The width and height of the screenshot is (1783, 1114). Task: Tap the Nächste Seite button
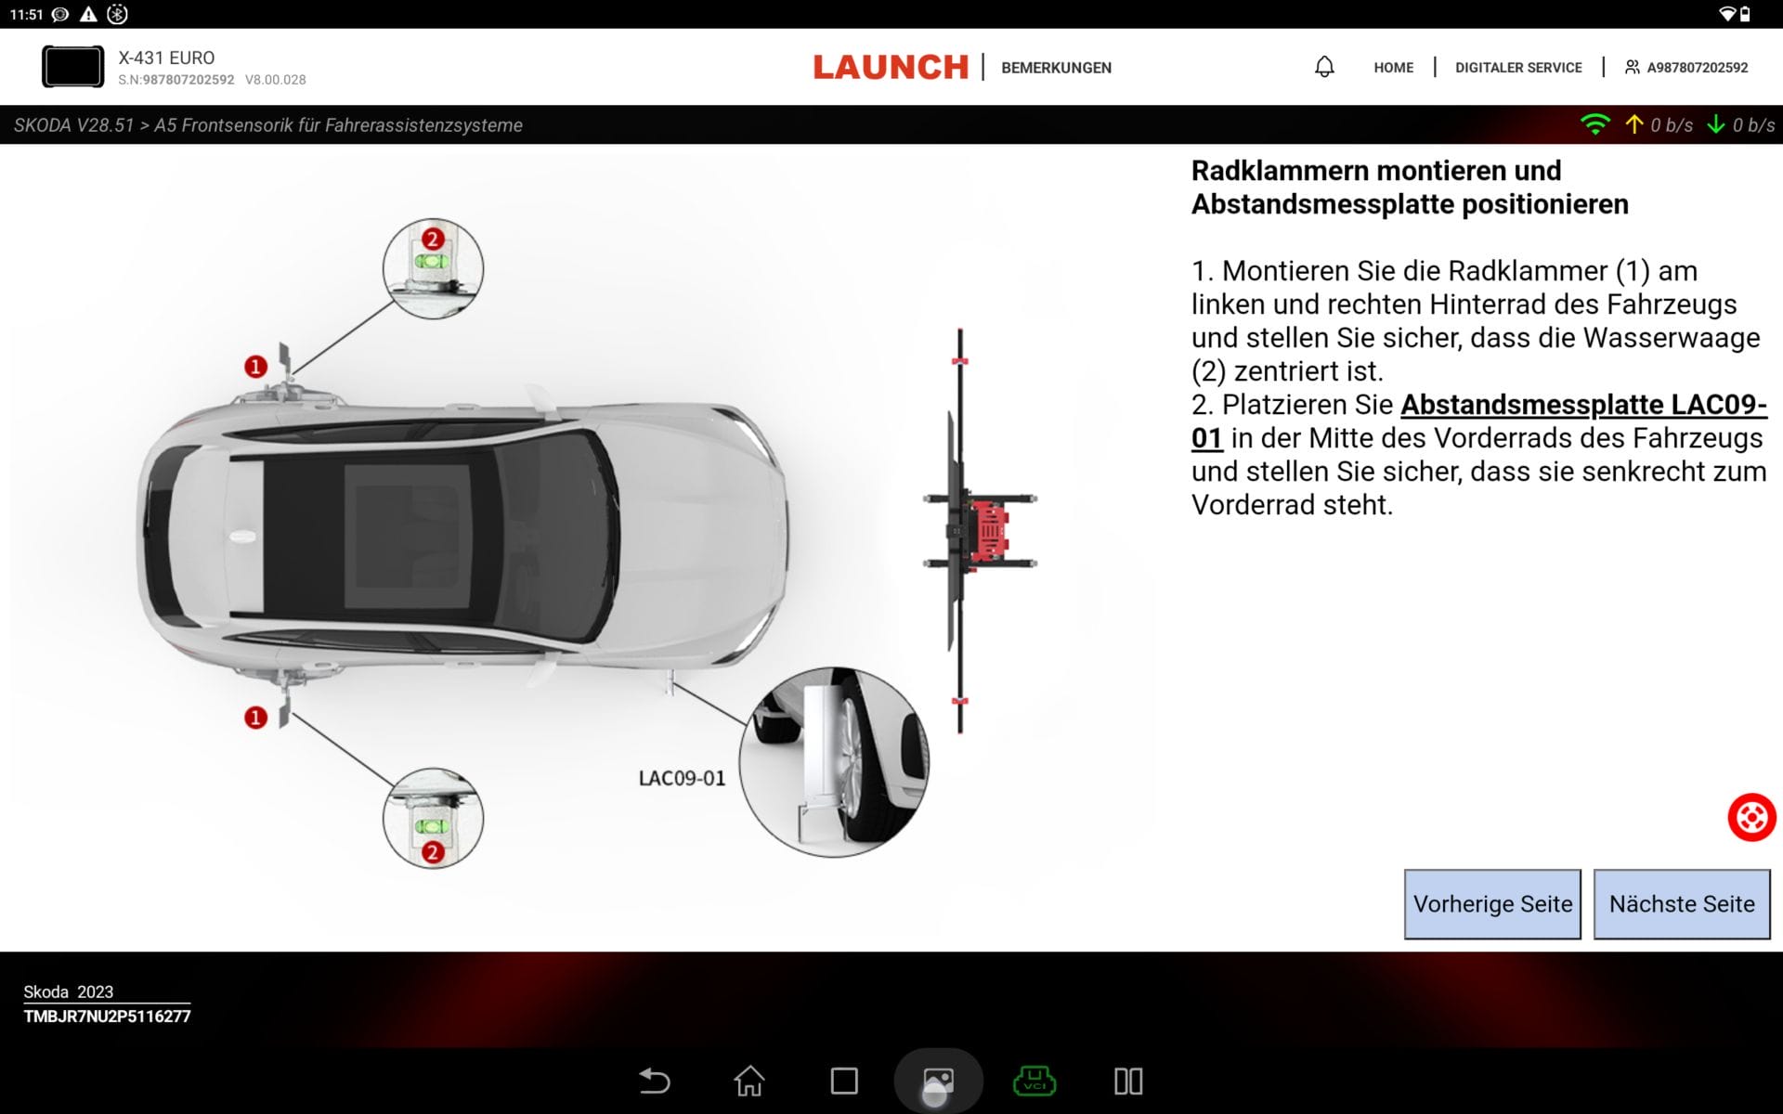click(x=1681, y=903)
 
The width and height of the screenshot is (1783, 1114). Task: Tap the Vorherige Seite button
click(x=1491, y=903)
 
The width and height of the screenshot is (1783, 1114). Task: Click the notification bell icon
click(x=1324, y=67)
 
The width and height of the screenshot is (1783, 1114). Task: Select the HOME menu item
click(x=1393, y=67)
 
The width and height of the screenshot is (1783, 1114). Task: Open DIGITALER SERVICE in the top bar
click(x=1517, y=67)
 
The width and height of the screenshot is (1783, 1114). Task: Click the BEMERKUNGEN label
click(x=1056, y=67)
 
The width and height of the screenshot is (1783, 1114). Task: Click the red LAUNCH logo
click(x=890, y=67)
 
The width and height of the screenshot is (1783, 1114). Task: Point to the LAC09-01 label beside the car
click(x=682, y=778)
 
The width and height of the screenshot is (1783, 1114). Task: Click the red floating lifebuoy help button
click(x=1750, y=817)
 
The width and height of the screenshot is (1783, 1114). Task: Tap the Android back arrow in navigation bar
click(x=655, y=1081)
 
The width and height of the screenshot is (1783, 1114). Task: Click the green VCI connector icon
click(x=1034, y=1081)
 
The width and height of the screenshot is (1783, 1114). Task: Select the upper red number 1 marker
click(x=255, y=367)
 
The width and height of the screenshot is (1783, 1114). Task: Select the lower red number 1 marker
click(x=255, y=718)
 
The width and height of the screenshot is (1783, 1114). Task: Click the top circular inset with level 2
click(x=433, y=268)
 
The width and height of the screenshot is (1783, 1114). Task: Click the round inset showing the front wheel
click(x=833, y=761)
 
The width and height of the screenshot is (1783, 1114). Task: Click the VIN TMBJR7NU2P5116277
click(x=107, y=1017)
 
